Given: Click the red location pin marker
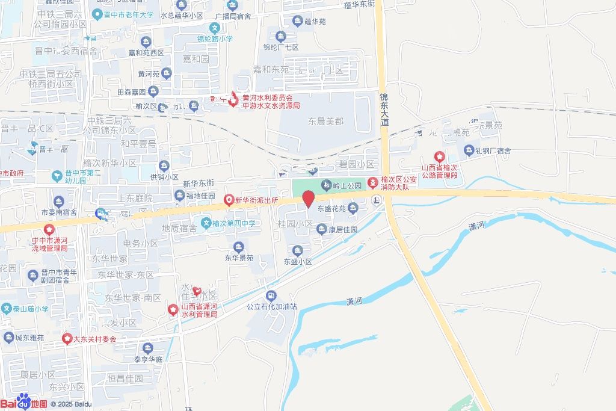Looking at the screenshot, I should pyautogui.click(x=308, y=199).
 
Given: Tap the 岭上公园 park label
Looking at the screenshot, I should pyautogui.click(x=348, y=185).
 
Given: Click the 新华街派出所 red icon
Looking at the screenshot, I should pyautogui.click(x=229, y=200).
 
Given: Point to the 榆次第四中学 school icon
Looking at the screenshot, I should pyautogui.click(x=206, y=223).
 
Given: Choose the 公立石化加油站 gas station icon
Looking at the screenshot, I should pyautogui.click(x=271, y=295).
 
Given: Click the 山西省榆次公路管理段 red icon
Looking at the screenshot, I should pyautogui.click(x=440, y=157).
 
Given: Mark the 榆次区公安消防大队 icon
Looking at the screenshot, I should pyautogui.click(x=373, y=181).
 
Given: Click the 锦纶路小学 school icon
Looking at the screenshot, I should pyautogui.click(x=215, y=27).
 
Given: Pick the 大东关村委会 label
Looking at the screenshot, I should pyautogui.click(x=95, y=339).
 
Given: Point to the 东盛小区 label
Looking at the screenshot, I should pyautogui.click(x=298, y=262).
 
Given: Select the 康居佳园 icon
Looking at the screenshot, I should pyautogui.click(x=322, y=229).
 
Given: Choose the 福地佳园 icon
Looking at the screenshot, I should pyautogui.click(x=179, y=196).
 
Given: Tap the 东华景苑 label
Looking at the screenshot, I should pyautogui.click(x=239, y=258).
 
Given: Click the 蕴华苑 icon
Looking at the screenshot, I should pyautogui.click(x=297, y=22).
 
